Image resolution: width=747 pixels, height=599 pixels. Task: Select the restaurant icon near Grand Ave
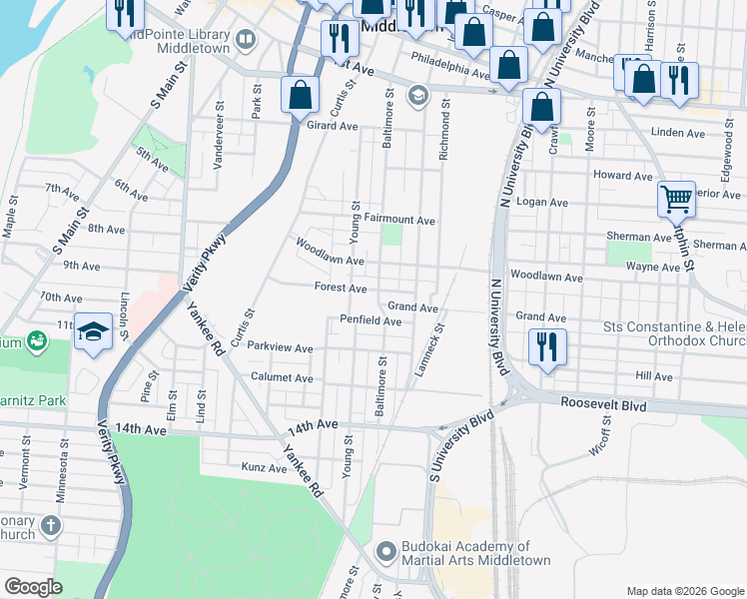point(546,347)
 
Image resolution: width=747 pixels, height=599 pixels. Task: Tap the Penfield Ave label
point(371,321)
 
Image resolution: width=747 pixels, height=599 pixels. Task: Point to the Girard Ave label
point(332,126)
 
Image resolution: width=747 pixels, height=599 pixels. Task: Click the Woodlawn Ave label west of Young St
point(328,251)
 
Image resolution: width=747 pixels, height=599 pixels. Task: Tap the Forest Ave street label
point(341,288)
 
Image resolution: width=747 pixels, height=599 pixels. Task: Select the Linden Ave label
point(677,132)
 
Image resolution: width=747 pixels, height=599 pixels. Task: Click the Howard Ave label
point(623,175)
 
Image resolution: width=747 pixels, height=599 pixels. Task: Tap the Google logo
point(33,587)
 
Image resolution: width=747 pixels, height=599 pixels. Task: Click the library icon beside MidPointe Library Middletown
point(246,40)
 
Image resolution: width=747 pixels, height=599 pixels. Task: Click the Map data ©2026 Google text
point(684,591)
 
